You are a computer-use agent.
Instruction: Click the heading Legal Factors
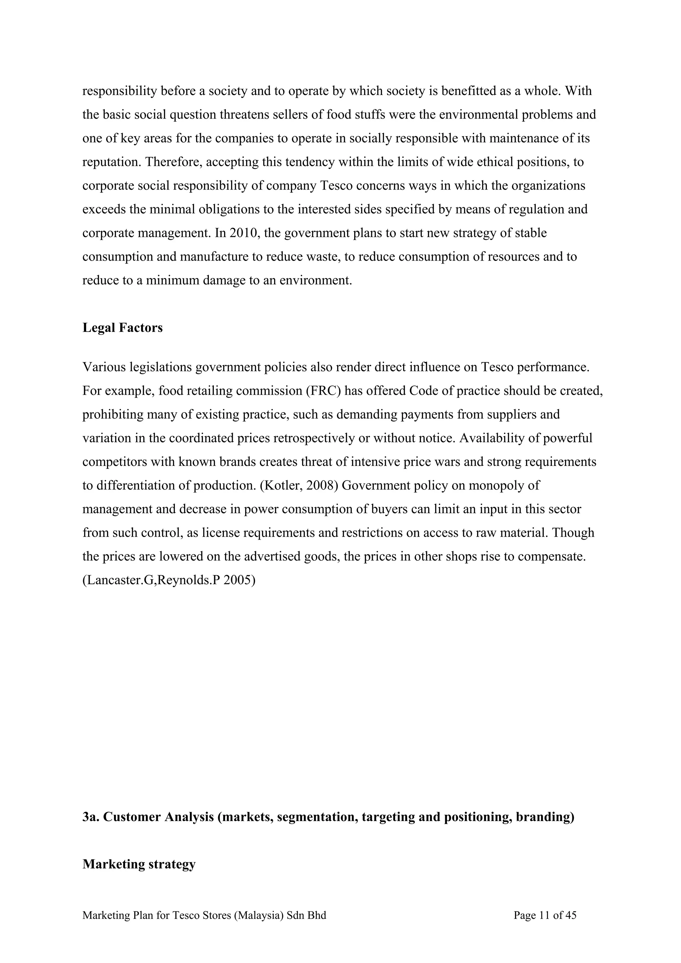(122, 328)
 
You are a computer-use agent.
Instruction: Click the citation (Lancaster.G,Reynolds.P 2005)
(169, 580)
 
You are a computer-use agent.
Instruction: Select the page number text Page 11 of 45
(545, 915)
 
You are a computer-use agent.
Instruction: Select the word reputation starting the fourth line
(111, 162)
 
